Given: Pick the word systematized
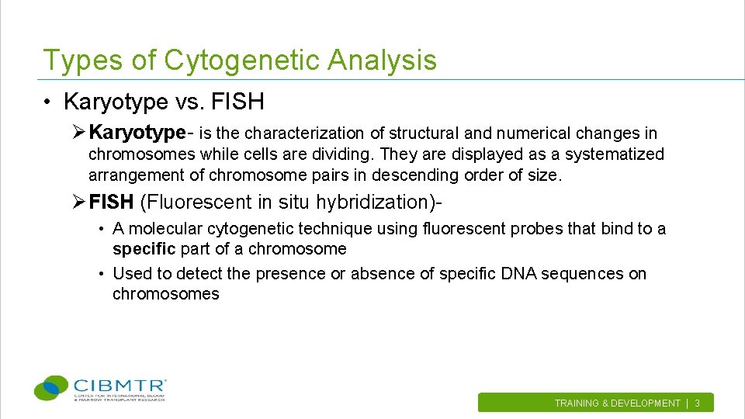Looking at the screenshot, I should click(614, 154).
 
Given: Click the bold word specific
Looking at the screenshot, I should click(144, 249).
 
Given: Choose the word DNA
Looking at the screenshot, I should click(516, 274).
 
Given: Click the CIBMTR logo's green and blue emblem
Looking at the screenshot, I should click(51, 388).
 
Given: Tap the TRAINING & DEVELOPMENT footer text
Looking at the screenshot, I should click(617, 403).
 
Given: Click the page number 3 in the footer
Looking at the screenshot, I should click(697, 403).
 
